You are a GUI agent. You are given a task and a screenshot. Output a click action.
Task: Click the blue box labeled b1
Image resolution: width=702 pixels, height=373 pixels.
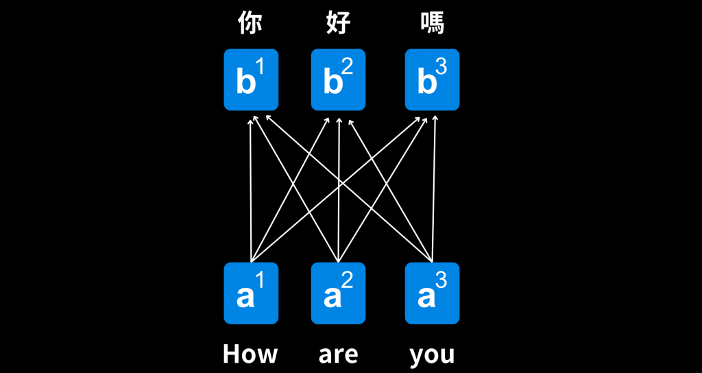click(251, 80)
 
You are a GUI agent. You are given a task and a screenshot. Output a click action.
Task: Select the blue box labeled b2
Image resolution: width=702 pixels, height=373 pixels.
click(339, 80)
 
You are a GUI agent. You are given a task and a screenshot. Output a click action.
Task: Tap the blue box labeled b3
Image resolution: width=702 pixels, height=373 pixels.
click(432, 80)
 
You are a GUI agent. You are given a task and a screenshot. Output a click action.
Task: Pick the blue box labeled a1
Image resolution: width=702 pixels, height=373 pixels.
click(251, 293)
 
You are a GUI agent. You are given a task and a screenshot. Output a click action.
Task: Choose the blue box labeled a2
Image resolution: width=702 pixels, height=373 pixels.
click(339, 293)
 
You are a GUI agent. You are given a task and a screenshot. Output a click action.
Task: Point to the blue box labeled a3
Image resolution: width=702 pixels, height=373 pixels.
click(432, 293)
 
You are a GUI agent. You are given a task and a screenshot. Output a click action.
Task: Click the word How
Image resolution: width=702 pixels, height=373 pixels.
click(250, 354)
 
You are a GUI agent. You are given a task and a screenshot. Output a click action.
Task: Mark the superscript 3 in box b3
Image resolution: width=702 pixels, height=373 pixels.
click(441, 67)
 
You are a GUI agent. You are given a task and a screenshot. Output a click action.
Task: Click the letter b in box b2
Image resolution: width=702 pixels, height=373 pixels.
click(332, 83)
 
